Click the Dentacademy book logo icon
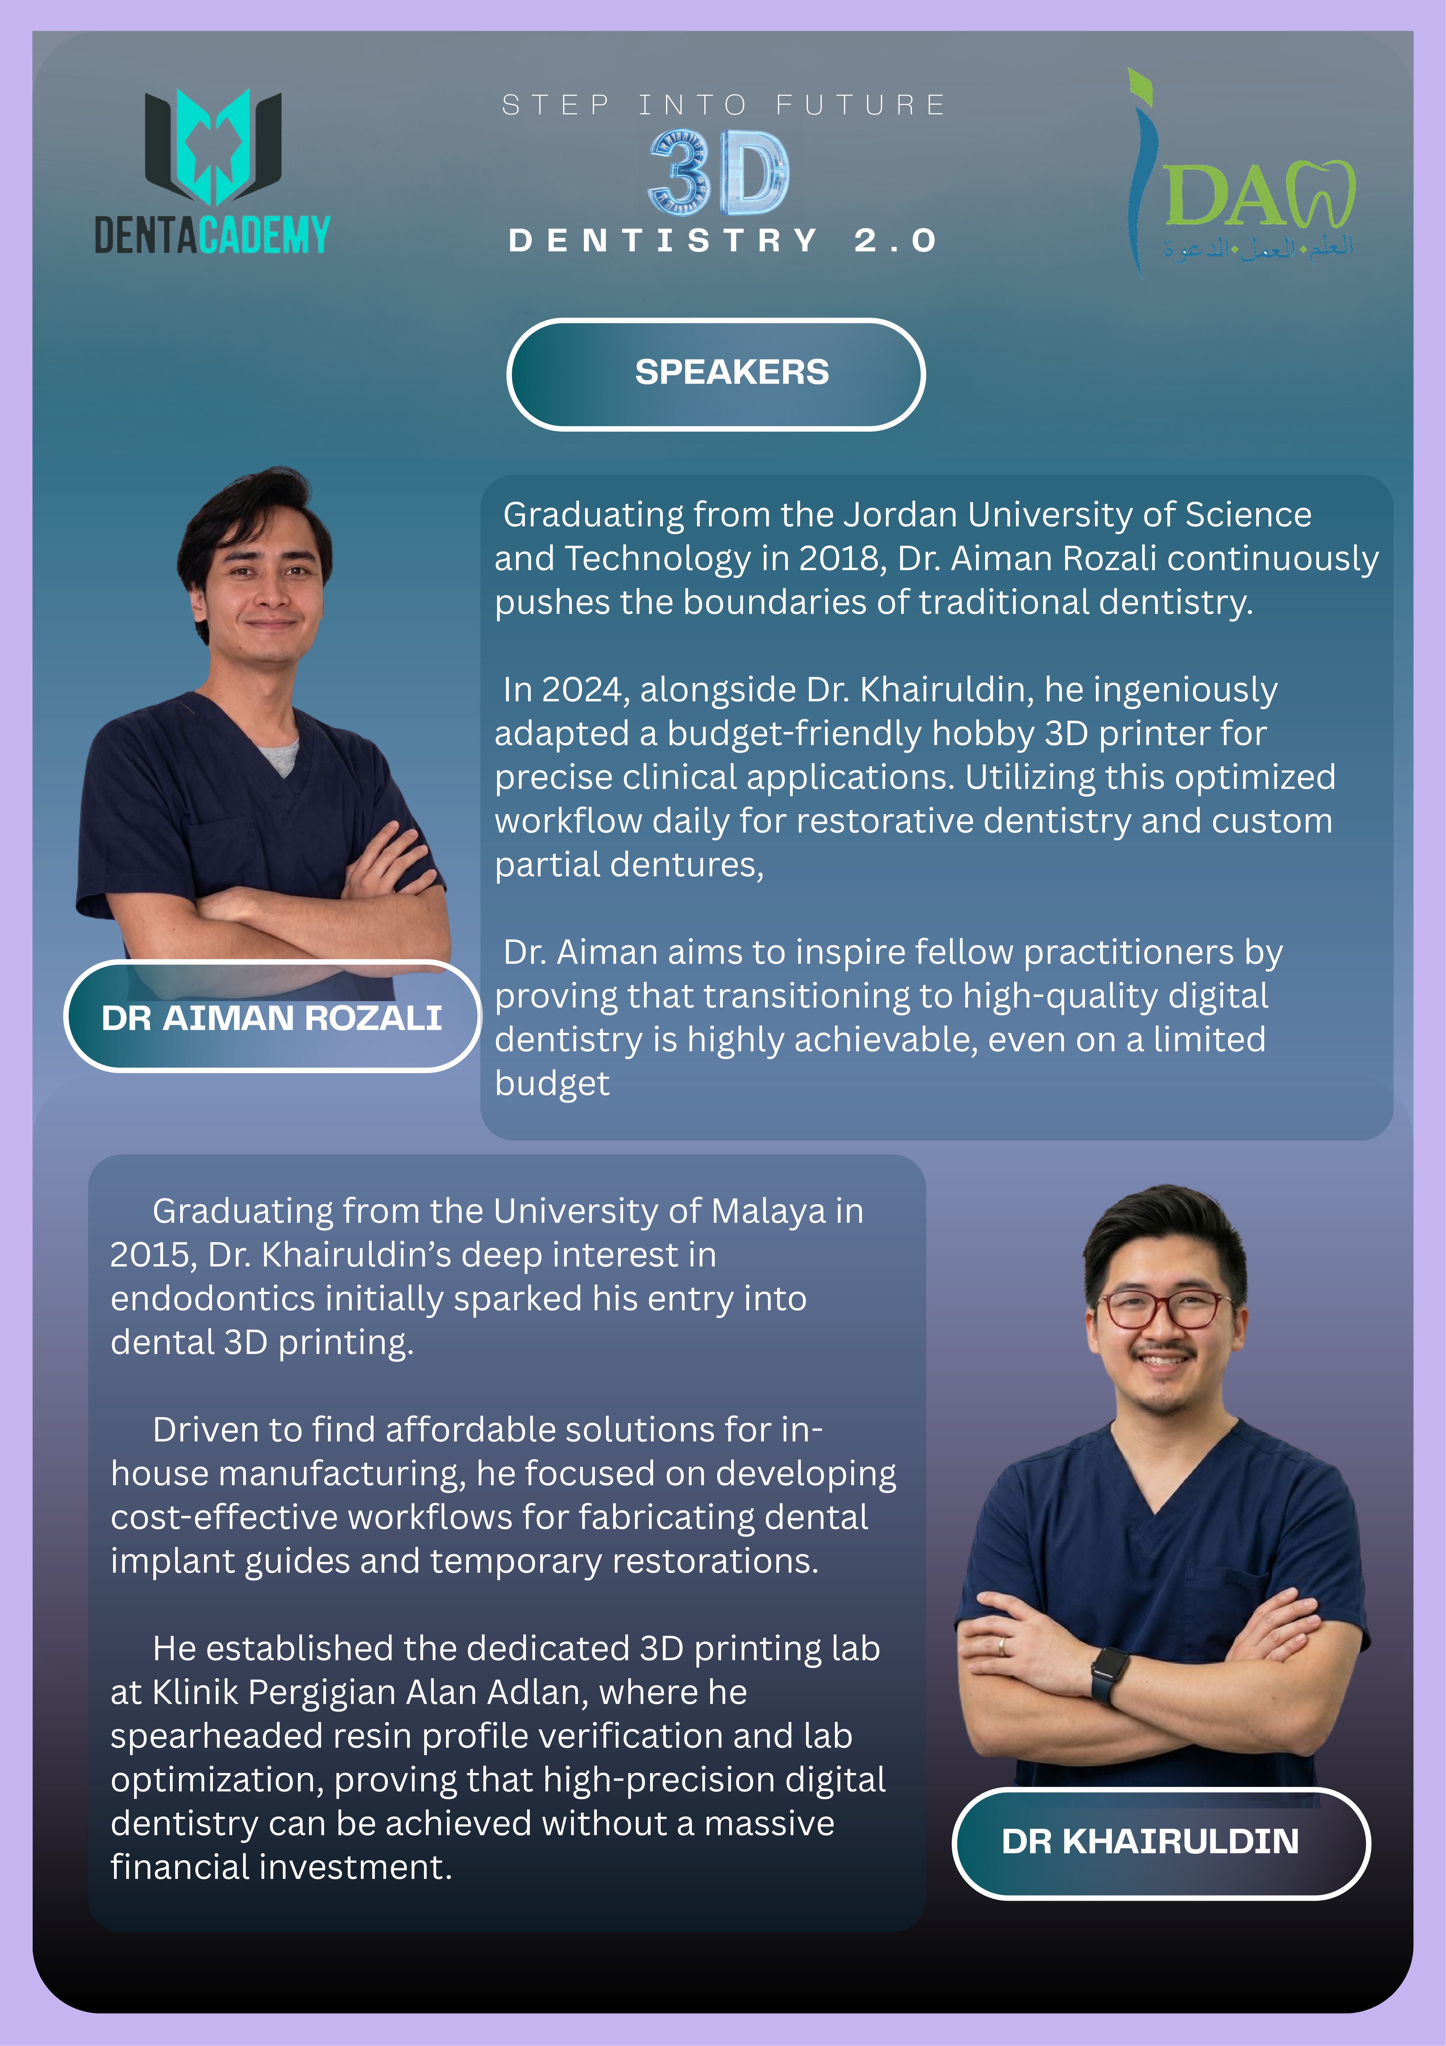(x=213, y=145)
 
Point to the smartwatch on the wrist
(x=1109, y=1674)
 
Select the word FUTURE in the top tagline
(x=860, y=105)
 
